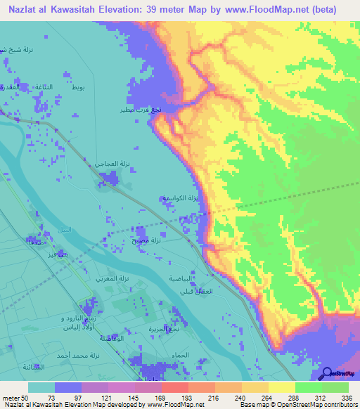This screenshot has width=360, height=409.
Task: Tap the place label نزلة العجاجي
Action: [113, 162]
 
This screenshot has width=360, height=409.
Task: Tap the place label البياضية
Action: [179, 278]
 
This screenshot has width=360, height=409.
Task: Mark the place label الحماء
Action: [179, 355]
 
